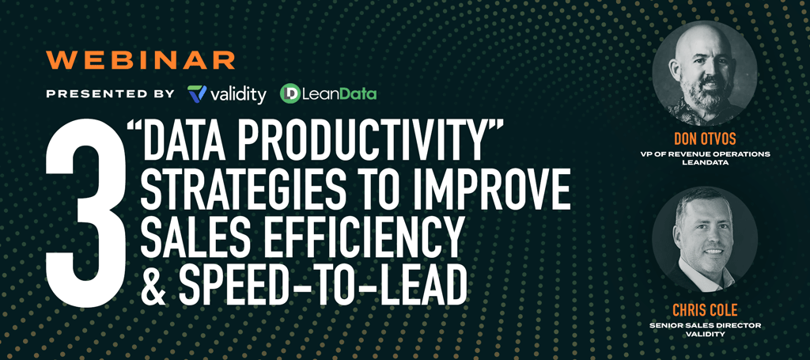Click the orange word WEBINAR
[x=141, y=60]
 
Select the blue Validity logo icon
[x=197, y=93]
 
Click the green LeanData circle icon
[x=290, y=93]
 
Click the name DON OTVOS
[x=704, y=138]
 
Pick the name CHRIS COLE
[x=704, y=310]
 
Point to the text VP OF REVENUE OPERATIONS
[x=704, y=154]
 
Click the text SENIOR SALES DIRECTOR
[x=705, y=325]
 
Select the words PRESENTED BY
[x=110, y=94]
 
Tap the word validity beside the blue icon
[x=238, y=94]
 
